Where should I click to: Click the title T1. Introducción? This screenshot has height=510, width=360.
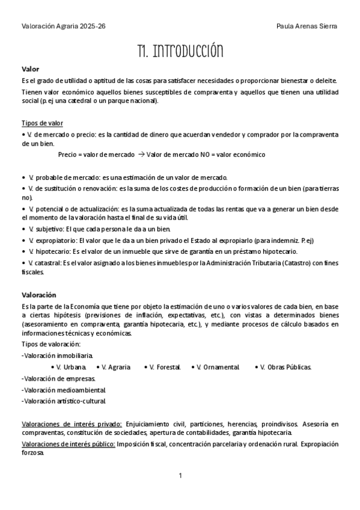tap(180, 51)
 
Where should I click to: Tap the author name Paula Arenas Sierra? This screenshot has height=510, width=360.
tap(307, 26)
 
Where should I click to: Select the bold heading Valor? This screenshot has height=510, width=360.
tap(30, 69)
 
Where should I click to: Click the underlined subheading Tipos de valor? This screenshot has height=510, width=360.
tap(38, 123)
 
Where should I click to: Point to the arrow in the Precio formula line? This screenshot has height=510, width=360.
tap(141, 155)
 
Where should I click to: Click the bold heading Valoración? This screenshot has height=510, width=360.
tap(38, 295)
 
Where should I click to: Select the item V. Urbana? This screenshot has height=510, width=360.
tap(71, 367)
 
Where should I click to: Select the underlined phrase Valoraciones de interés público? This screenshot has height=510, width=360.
tap(68, 444)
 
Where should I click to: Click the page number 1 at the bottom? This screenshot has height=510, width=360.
tap(180, 476)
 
